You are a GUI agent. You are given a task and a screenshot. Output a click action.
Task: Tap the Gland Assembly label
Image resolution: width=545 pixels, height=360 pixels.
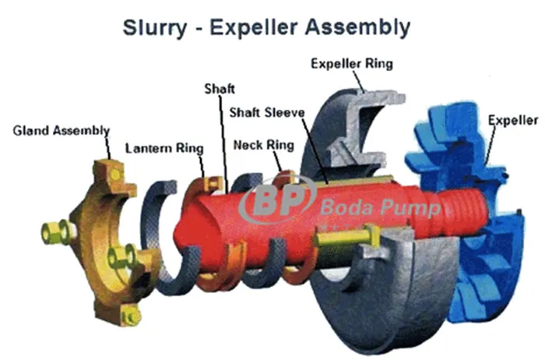click(62, 129)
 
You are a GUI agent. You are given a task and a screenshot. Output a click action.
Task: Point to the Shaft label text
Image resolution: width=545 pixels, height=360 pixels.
click(218, 87)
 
